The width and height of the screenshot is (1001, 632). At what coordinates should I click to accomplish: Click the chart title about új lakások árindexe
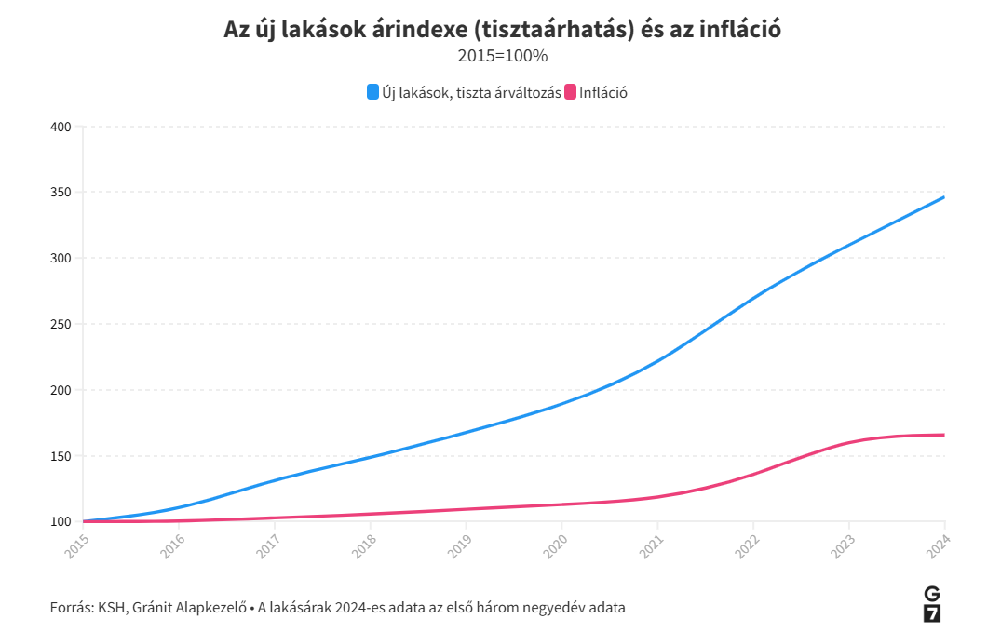502,29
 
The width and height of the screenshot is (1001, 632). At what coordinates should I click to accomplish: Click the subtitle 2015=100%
502,56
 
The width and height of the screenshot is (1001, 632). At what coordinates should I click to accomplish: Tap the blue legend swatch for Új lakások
372,92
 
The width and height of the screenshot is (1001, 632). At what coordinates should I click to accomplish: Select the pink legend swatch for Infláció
571,92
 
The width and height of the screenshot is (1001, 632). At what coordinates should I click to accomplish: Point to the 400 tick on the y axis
61,127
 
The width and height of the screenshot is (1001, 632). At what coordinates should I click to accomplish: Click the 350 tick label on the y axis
61,193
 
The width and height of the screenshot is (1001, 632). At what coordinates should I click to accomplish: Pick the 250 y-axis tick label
61,325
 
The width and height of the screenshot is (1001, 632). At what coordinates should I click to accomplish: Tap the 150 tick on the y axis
61,456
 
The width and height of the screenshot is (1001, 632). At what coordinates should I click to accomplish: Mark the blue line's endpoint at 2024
944,197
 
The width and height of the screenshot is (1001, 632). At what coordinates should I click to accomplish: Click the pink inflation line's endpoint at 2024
944,435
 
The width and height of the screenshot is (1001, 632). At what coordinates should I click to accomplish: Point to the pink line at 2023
848,443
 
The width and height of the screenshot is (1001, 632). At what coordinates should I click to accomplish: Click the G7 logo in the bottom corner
931,604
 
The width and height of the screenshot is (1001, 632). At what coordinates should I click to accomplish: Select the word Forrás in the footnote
71,608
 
